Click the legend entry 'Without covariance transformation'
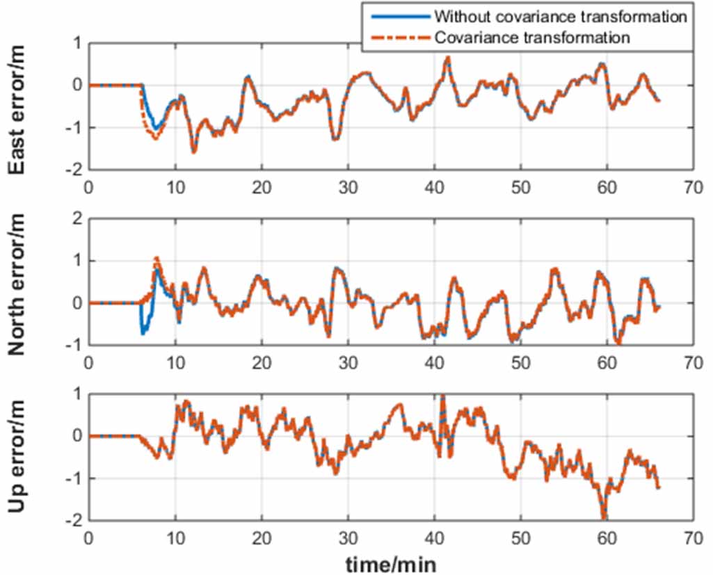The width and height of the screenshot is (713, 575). point(561,16)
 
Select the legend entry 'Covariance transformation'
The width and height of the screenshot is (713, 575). point(533,38)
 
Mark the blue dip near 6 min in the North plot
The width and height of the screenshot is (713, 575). point(143,333)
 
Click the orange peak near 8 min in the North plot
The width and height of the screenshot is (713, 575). point(157,258)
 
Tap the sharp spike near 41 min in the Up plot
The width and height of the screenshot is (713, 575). point(442,397)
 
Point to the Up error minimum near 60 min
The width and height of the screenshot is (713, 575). point(604,517)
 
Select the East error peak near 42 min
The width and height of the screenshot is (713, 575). point(448,58)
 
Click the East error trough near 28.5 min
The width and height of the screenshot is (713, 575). point(335,139)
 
